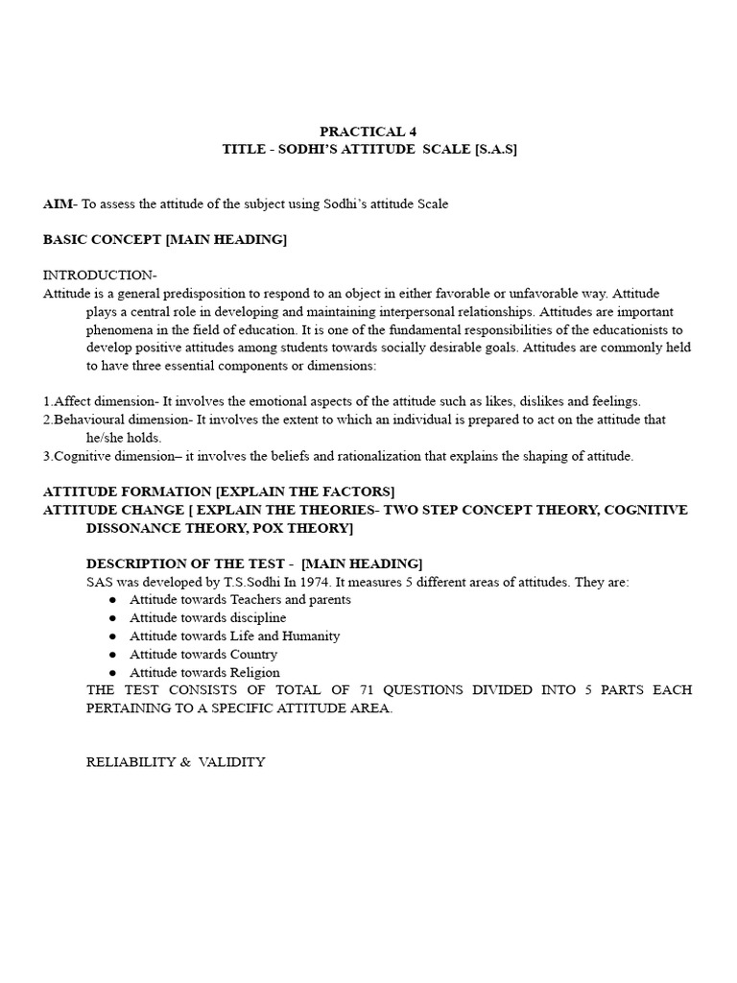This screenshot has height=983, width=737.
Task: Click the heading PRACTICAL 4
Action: [x=368, y=132]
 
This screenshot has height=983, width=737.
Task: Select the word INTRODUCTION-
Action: [x=100, y=276]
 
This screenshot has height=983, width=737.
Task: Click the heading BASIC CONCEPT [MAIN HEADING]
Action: [x=165, y=239]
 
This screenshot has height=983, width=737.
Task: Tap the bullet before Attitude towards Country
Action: [x=112, y=655]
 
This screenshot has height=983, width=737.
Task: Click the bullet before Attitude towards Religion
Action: [x=112, y=673]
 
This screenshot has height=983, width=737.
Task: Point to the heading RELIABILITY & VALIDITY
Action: [x=176, y=762]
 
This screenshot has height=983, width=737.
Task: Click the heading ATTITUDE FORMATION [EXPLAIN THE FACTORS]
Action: [x=219, y=491]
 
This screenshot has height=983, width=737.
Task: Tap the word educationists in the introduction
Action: [x=620, y=329]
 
